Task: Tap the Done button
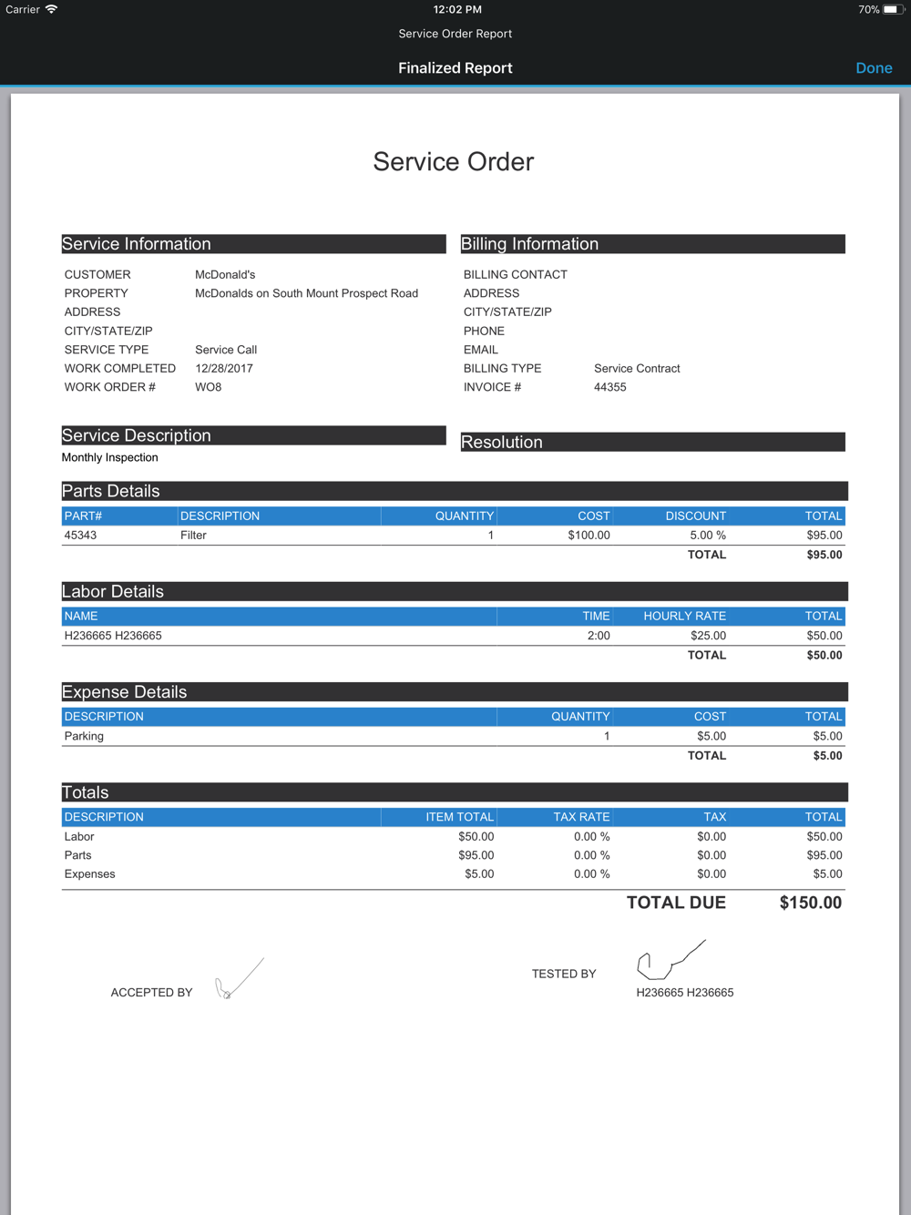[874, 68]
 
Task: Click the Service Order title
[454, 162]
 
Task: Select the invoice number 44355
[609, 387]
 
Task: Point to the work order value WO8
[208, 387]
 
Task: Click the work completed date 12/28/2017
[224, 368]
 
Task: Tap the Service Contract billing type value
[637, 368]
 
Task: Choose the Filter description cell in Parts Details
[193, 536]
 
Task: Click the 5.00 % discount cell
[707, 536]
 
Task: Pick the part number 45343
[80, 536]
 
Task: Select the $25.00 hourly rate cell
[708, 636]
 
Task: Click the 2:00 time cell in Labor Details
[599, 636]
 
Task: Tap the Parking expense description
[84, 736]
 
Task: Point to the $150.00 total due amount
[810, 903]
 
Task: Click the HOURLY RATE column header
[684, 616]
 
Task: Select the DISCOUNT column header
[695, 516]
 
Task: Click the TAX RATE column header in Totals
[581, 817]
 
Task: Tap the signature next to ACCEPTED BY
[239, 980]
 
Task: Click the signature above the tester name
[670, 960]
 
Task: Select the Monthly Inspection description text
[109, 457]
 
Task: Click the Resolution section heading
[502, 443]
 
